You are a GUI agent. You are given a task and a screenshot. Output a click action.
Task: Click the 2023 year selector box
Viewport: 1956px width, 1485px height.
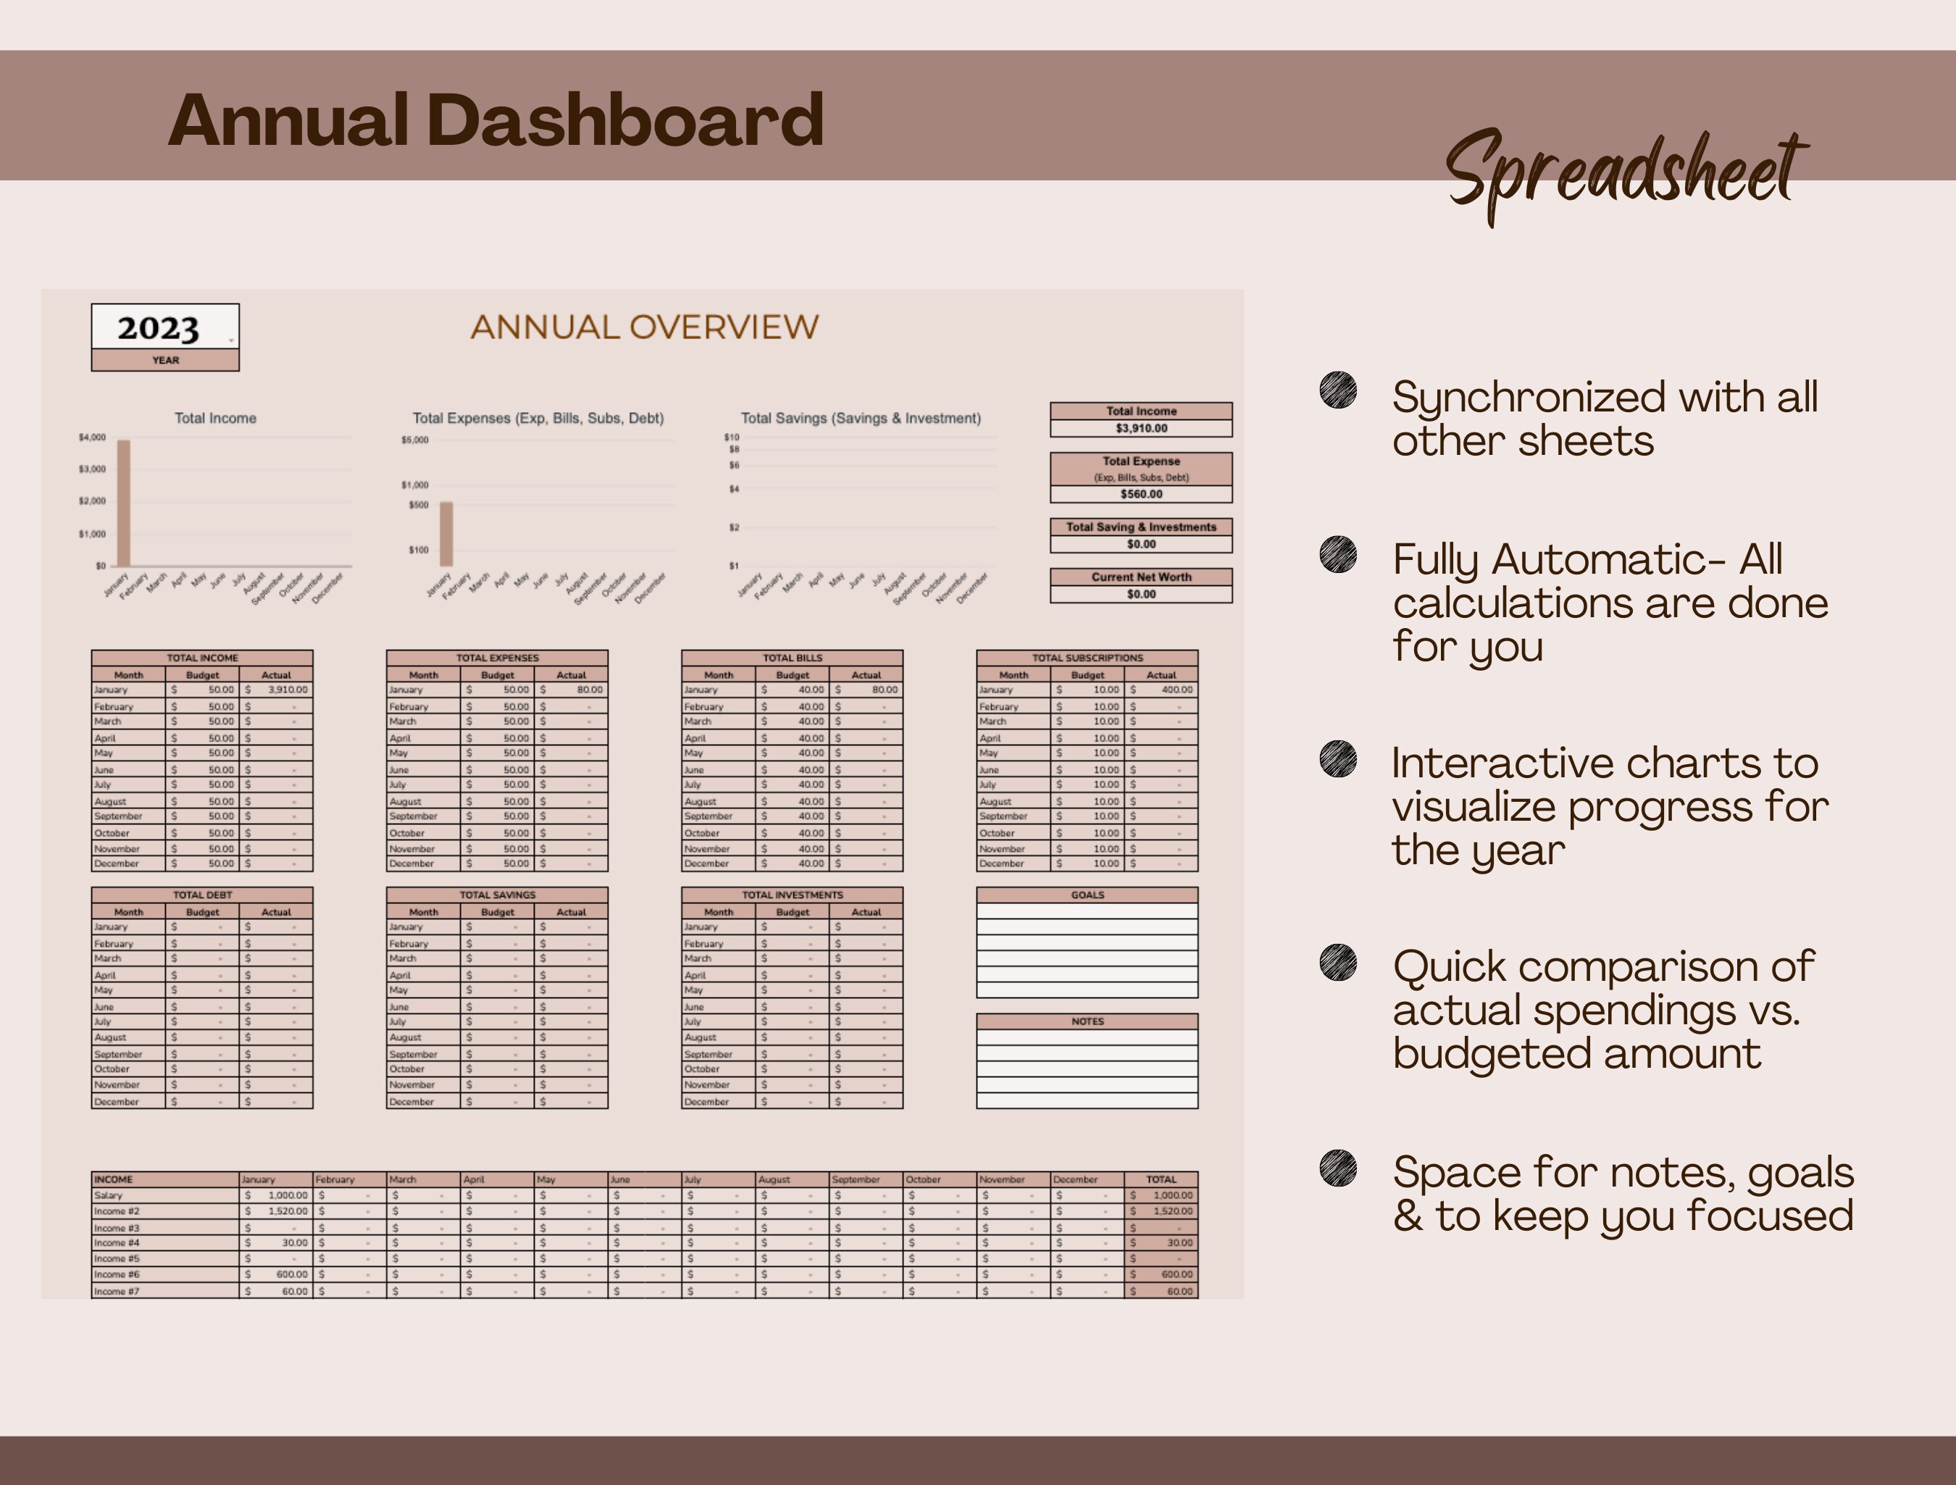coord(164,327)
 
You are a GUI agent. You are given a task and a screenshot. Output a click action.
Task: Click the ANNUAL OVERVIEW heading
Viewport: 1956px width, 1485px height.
coord(644,327)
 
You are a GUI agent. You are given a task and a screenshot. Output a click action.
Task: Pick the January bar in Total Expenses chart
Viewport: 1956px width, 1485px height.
coord(446,534)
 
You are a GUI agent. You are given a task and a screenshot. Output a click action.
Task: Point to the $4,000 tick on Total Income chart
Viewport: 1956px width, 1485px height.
coord(92,437)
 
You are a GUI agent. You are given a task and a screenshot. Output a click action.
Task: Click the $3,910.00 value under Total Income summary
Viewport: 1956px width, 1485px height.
coord(1141,428)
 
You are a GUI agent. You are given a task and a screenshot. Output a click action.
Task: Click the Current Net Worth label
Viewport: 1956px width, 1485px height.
coord(1141,577)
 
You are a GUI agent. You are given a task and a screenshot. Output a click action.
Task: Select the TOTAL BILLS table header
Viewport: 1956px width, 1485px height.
coord(793,658)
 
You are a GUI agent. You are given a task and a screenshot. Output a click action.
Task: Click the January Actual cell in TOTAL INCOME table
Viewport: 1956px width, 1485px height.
coord(277,690)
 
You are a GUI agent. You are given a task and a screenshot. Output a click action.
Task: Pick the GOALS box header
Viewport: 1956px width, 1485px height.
coord(1087,895)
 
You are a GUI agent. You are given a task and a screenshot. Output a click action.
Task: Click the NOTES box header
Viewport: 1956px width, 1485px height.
coord(1087,1021)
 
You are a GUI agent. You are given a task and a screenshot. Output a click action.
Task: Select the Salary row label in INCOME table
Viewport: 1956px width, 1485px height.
coord(109,1196)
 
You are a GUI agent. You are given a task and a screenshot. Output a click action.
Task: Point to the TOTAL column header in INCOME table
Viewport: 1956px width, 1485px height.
coord(1161,1180)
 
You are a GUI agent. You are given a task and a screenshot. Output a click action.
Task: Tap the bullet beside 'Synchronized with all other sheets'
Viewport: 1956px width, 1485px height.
coord(1338,390)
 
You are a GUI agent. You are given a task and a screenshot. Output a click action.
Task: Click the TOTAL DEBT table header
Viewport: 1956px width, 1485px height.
coord(203,895)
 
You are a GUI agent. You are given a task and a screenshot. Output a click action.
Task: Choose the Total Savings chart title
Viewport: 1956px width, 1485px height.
coord(861,419)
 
